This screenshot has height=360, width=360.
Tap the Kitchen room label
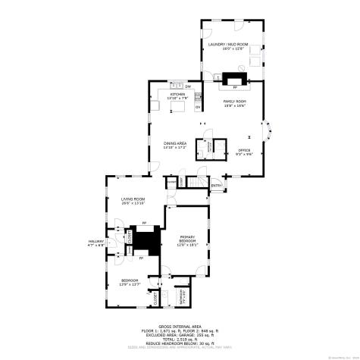coord(177,95)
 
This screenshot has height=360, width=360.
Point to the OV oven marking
coord(198,107)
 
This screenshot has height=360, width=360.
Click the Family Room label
coord(234,101)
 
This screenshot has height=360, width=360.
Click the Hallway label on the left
coord(95,243)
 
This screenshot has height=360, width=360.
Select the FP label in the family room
coord(234,87)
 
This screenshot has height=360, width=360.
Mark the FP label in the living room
coord(144,223)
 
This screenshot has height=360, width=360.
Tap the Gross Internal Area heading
coord(180,327)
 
